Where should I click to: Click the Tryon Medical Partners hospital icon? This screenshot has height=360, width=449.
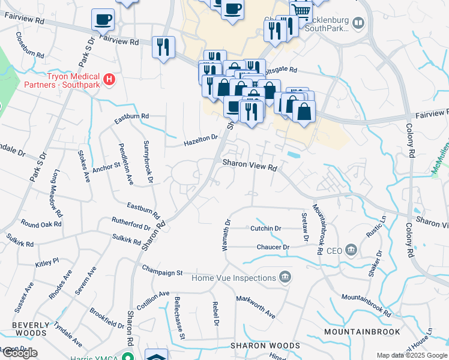[x=109, y=79]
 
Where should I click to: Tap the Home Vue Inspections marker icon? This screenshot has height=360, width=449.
[x=285, y=277]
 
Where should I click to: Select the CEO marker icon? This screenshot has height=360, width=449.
[x=351, y=249]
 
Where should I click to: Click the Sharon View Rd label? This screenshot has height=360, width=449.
[x=249, y=164]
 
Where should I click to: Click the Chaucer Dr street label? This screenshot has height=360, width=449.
[x=273, y=247]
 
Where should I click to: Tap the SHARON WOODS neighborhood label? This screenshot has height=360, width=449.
[x=265, y=346]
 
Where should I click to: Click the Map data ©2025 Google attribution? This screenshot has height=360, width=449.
[x=412, y=355]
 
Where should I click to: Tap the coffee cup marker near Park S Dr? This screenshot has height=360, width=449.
[x=103, y=19]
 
